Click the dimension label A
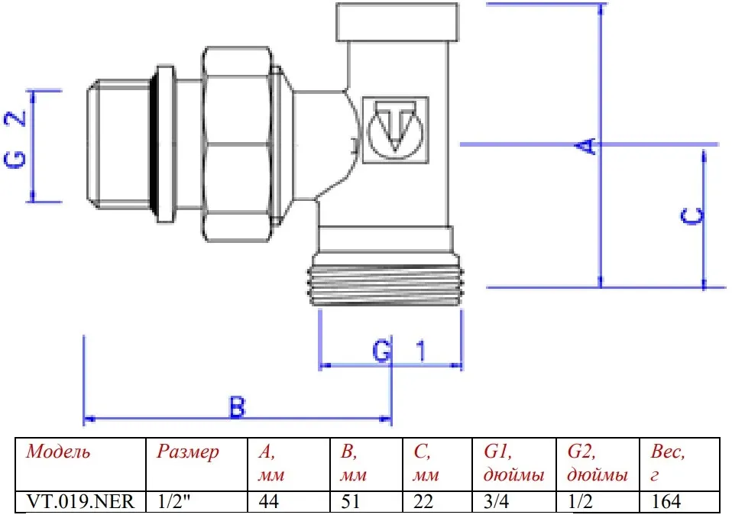586,146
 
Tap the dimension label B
237,407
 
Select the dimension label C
692,216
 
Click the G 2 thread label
15,139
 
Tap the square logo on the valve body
395,130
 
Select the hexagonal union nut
236,144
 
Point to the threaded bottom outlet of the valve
384,285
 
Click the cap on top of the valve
397,22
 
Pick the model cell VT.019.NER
81,502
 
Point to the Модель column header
58,452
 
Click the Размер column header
188,452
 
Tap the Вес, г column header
668,463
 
